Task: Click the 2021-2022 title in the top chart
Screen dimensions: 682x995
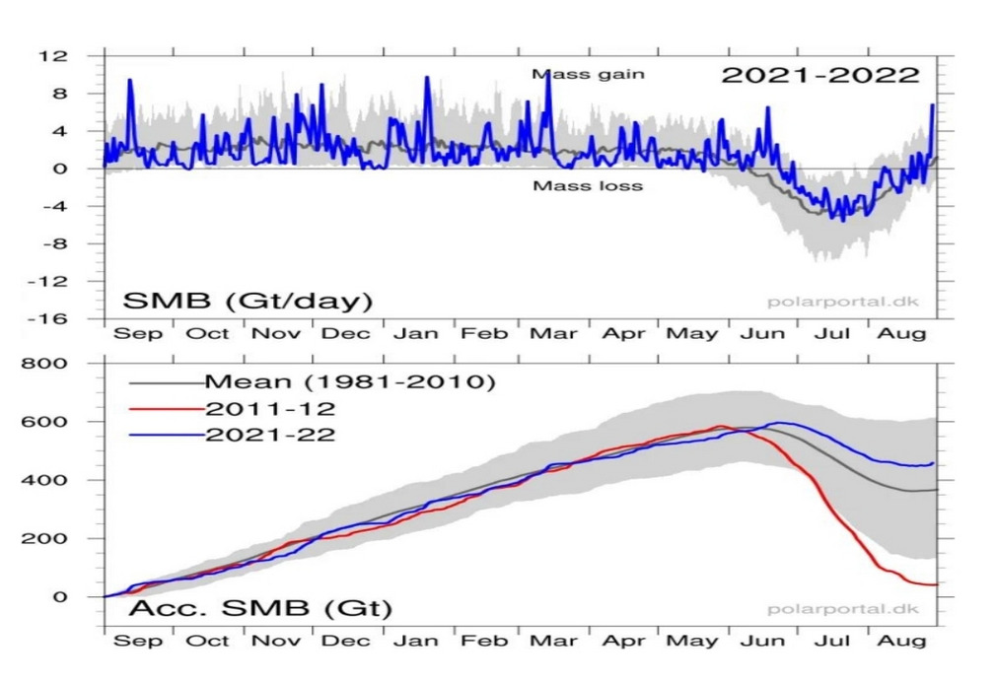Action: pos(820,76)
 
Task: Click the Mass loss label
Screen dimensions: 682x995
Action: pos(588,185)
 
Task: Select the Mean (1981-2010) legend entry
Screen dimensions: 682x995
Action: pos(348,380)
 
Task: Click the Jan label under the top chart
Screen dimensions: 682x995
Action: pos(411,333)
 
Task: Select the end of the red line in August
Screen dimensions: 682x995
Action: pos(934,585)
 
